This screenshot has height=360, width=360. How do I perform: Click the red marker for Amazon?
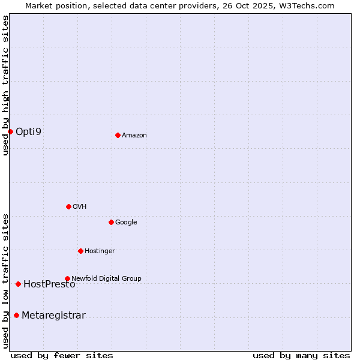pos(118,135)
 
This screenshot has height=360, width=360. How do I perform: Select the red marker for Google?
pos(111,222)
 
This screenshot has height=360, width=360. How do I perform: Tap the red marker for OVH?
pos(68,206)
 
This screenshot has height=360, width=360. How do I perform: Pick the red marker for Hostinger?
pos(80,251)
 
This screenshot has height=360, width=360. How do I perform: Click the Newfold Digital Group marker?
pos(67,278)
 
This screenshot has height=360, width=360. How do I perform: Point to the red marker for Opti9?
pos(10,131)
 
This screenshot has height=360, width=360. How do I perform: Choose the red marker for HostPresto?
pos(18,284)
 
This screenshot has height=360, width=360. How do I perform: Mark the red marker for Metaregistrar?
pos(16,315)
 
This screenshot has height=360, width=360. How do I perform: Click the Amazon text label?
pos(134,136)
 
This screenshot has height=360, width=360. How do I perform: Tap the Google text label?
pos(126,223)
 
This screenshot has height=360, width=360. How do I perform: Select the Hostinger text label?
pos(100,251)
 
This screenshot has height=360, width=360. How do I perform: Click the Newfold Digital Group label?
pos(106,278)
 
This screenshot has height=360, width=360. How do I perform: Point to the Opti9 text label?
pos(28,131)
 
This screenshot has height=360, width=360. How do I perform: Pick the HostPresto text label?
pos(49,284)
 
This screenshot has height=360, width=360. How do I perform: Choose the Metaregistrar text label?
pos(53,316)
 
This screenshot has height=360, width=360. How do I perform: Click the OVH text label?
pos(80,207)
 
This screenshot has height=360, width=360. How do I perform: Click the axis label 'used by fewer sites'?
pos(62,355)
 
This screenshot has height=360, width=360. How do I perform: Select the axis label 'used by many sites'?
pos(301,355)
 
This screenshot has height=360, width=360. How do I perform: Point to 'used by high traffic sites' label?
pos(5,85)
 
